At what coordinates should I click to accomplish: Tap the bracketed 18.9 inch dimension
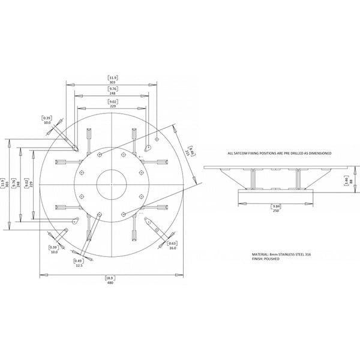[110, 278]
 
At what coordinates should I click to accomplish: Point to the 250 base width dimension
[275, 210]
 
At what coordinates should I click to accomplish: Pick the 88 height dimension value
[350, 181]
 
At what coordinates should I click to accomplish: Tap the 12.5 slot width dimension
[79, 266]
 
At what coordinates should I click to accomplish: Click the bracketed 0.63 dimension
[172, 242]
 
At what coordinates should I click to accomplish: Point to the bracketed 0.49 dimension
[79, 260]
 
